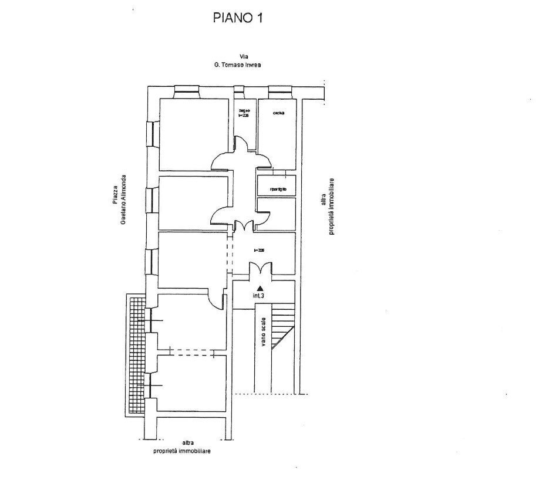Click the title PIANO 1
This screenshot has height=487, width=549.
[x=237, y=18]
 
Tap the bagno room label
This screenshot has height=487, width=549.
[x=244, y=113]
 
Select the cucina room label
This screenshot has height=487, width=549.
[x=278, y=113]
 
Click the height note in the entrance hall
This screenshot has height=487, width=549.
[x=259, y=250]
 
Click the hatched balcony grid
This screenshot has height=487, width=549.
[x=136, y=352]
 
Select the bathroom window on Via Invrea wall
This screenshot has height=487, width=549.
[x=239, y=90]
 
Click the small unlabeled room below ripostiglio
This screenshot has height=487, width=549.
[x=277, y=213]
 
